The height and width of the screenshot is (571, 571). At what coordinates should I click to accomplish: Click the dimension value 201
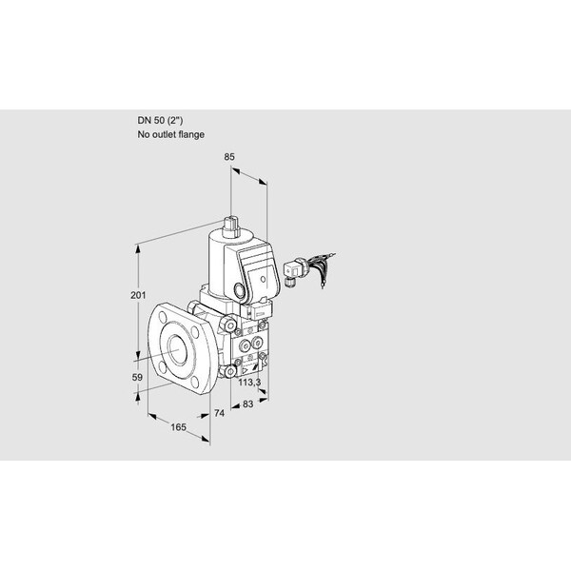click(138, 295)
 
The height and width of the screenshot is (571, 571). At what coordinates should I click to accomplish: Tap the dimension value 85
click(229, 157)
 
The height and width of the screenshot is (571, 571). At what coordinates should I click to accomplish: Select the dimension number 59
click(137, 377)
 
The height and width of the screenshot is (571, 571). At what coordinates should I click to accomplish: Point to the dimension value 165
click(178, 427)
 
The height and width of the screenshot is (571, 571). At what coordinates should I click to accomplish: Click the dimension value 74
click(219, 413)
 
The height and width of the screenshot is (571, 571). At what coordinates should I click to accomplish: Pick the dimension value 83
click(247, 404)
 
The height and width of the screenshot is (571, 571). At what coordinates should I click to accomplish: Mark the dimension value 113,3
click(249, 383)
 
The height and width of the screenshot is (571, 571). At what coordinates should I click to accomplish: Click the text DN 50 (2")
click(160, 121)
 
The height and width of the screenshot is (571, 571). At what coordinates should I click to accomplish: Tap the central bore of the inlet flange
click(178, 350)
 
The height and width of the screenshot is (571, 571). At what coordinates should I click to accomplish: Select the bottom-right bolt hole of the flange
click(195, 382)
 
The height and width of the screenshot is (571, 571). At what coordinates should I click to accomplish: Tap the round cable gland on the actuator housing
click(240, 290)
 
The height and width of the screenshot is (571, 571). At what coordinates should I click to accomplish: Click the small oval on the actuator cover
click(263, 279)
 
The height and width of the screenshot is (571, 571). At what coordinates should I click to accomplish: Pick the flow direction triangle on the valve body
click(245, 370)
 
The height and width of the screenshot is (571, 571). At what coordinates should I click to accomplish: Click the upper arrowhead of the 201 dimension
click(138, 248)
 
